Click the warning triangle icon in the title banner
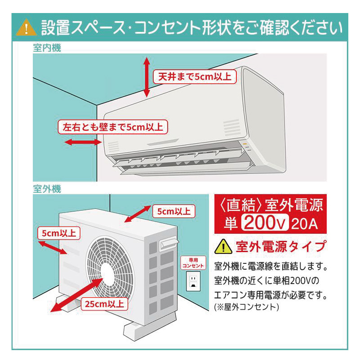click(x=26, y=27)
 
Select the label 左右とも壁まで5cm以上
click(x=112, y=127)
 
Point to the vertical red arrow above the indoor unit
click(x=147, y=77)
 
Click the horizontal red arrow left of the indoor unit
click(x=83, y=142)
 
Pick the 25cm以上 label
click(x=104, y=303)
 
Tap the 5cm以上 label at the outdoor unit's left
click(x=58, y=233)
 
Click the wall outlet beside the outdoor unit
click(x=193, y=282)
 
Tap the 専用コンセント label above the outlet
click(x=193, y=263)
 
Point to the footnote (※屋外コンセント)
click(x=247, y=307)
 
